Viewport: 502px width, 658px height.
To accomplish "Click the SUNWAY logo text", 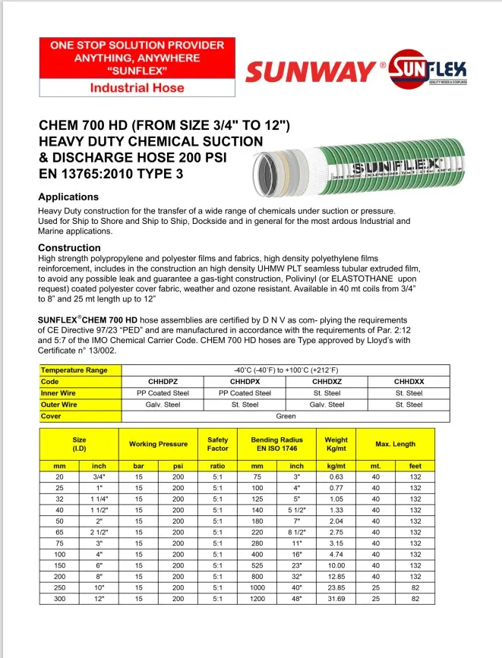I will point(310,73).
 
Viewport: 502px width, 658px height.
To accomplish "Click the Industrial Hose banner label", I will point(137,88).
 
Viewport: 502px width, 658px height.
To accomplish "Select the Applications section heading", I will point(68,197).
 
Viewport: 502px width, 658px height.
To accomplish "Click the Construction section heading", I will point(69,247).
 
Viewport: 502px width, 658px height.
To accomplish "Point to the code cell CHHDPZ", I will point(163,382).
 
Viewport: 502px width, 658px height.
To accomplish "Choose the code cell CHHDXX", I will point(409,382).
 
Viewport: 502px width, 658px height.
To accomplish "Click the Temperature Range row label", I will point(74,370).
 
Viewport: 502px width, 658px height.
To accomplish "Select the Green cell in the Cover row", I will point(286,416).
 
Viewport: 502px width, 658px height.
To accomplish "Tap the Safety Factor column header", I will point(217,444).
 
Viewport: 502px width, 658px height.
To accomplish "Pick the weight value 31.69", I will point(336,599).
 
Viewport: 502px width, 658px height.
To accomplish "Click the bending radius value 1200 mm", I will point(257,599).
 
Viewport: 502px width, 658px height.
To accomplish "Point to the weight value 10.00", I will point(336,565).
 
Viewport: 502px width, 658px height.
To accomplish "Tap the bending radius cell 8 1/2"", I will point(297,534).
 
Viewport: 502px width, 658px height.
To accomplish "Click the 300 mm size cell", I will point(59,599).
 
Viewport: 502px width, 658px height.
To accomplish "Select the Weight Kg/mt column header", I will point(336,444).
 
